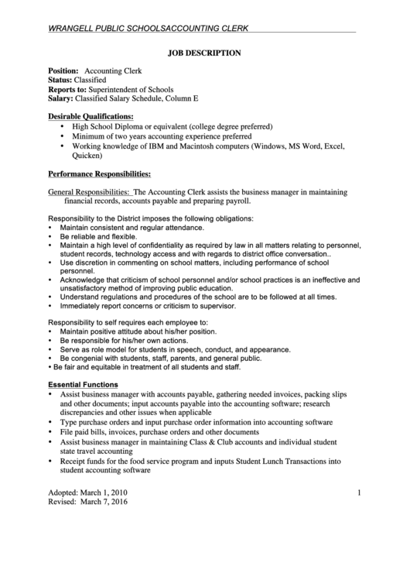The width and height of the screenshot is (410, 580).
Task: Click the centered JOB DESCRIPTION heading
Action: (205, 53)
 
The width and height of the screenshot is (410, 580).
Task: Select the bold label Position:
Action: (64, 70)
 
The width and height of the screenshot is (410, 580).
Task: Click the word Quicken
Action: (86, 154)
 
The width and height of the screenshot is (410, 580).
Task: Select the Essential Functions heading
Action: (83, 384)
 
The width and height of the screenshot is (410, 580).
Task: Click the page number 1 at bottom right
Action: (360, 492)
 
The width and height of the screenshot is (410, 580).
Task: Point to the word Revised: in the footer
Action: (64, 501)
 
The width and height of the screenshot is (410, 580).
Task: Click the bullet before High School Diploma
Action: (61, 125)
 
